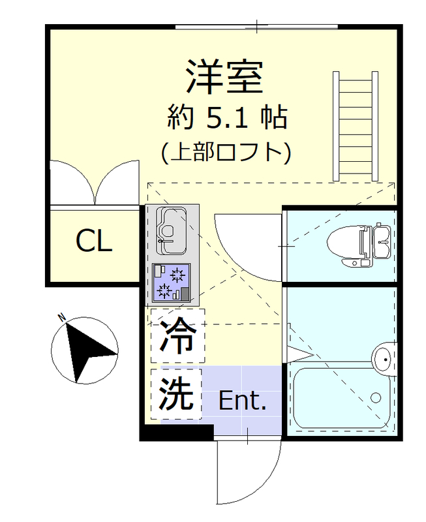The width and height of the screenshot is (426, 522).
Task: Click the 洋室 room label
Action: pyautogui.click(x=224, y=76)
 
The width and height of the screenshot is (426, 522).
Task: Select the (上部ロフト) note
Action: pyautogui.click(x=225, y=153)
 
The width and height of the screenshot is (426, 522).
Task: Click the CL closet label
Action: pyautogui.click(x=94, y=241)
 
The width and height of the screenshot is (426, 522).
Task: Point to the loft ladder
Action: pyautogui.click(x=356, y=127)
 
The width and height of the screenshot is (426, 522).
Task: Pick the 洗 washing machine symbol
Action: pyautogui.click(x=177, y=392)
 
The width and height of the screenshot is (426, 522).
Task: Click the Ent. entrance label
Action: pyautogui.click(x=242, y=401)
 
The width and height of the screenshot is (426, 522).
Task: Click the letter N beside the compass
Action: pyautogui.click(x=61, y=318)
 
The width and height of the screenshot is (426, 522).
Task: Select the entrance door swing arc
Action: pyautogui.click(x=248, y=473)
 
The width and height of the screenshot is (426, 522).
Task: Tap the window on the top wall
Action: pyautogui.click(x=256, y=27)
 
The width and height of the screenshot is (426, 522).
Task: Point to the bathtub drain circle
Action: pyautogui.click(x=376, y=396)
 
